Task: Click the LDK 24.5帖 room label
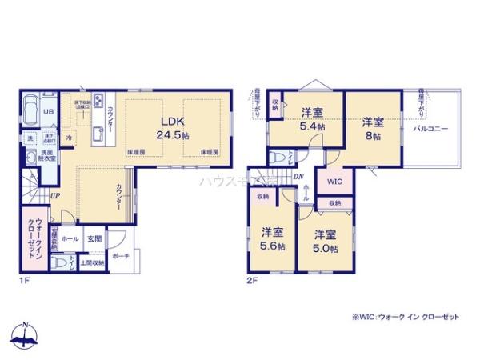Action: tap(174, 128)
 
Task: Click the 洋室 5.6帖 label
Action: tap(273, 239)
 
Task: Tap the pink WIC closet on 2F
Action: tap(335, 182)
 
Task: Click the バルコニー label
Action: tap(430, 128)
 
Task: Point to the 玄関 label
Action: tap(94, 238)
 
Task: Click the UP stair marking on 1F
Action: tap(54, 195)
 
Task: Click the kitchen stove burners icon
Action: tap(98, 101)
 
